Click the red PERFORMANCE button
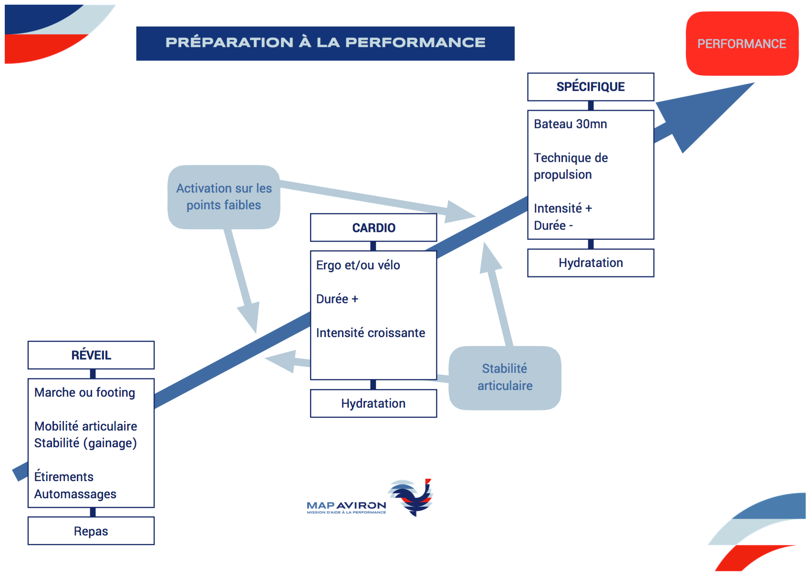pos(741,43)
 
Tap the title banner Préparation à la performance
pos(325,43)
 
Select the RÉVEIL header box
pos(91,355)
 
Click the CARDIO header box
pos(374,227)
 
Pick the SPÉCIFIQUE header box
pos(590,87)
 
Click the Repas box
pos(91,531)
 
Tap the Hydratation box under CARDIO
pos(374,403)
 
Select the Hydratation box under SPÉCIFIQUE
pos(590,263)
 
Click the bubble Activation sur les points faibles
pos(224,197)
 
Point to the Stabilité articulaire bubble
pos(505,377)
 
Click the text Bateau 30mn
pos(570,124)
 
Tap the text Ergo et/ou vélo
pos(358,265)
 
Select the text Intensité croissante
pos(370,333)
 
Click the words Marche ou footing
pos(84,392)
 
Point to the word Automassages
pos(75,494)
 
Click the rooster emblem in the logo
pos(412,497)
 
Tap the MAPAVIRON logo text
pos(346,505)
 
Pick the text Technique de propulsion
pos(571,166)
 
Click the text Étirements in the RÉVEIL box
pos(63,477)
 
